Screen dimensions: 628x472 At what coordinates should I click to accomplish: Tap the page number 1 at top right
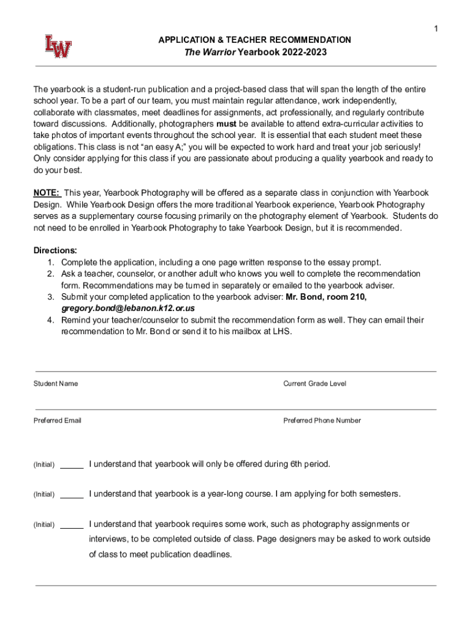click(436, 29)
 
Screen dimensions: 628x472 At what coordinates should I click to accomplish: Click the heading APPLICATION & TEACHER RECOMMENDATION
click(255, 40)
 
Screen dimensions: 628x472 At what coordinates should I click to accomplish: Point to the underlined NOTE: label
click(47, 193)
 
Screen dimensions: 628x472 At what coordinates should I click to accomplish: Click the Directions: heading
click(55, 250)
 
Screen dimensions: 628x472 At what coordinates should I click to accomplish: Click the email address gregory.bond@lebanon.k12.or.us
click(128, 308)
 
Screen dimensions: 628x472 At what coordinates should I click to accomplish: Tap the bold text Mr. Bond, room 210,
click(326, 297)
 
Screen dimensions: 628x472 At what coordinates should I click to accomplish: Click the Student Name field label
click(56, 383)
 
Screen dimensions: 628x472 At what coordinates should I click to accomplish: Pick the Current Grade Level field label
click(314, 383)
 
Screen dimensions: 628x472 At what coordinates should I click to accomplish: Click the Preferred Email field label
click(58, 420)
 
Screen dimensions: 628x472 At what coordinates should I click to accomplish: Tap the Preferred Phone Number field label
click(322, 420)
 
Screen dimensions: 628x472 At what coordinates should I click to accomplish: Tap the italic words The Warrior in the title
click(210, 52)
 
